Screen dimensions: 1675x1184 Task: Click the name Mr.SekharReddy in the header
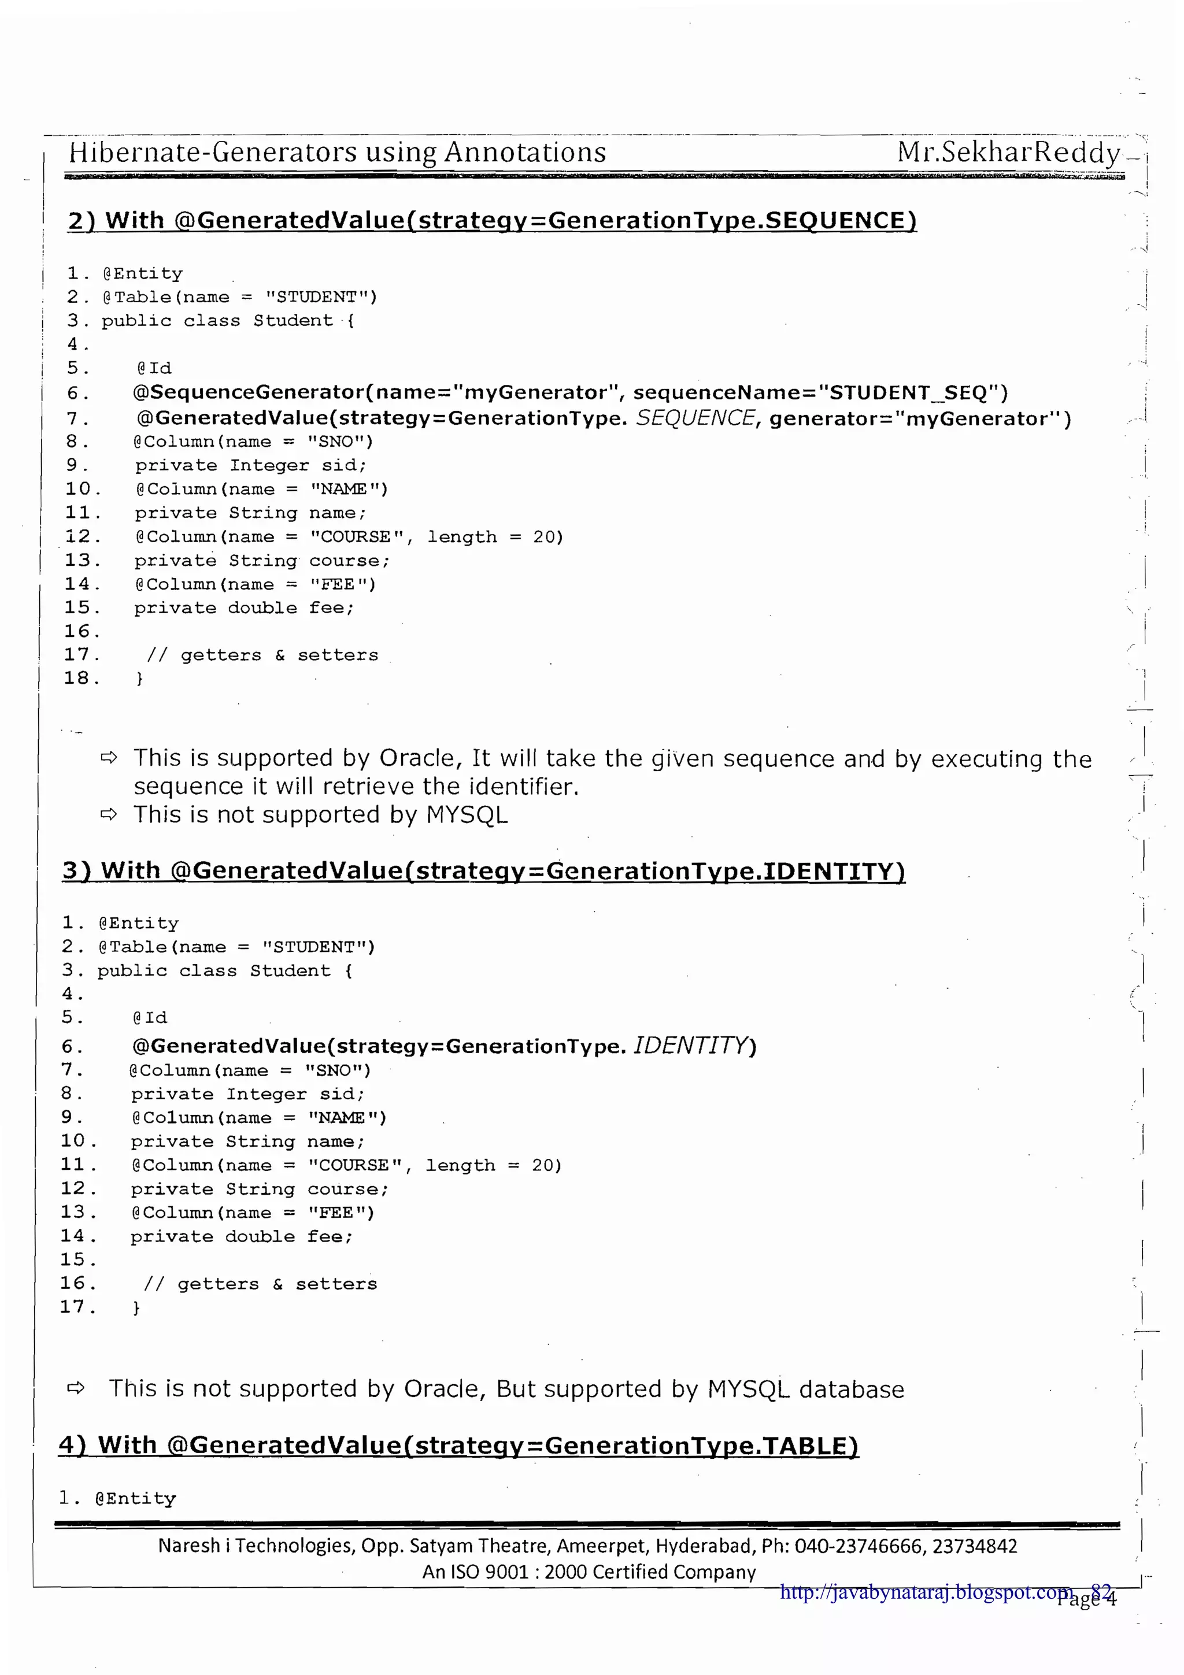(x=1008, y=153)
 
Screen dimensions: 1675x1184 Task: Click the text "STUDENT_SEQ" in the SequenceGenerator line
(x=908, y=392)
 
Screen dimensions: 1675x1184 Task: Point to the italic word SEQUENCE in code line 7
(x=694, y=417)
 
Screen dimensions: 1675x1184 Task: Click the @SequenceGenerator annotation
(x=248, y=392)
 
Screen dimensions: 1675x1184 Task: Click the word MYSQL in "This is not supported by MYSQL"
(x=467, y=814)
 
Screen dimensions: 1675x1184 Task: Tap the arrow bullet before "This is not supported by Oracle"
(x=76, y=1388)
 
